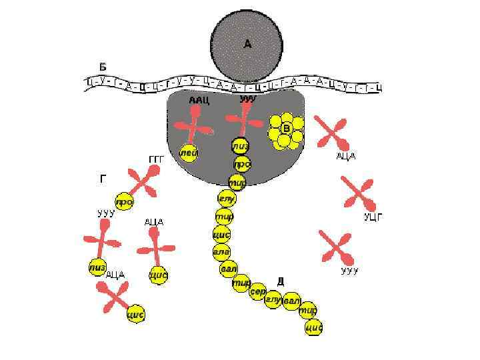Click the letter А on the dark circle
coord(247,44)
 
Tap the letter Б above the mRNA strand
coord(103,67)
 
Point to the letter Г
coord(102,179)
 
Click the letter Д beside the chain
coord(280,281)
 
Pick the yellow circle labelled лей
coord(189,153)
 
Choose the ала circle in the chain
coord(221,251)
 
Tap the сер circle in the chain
coord(257,292)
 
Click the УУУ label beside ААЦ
coord(247,99)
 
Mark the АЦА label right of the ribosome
coord(345,156)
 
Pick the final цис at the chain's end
coord(314,327)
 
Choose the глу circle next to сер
coord(273,300)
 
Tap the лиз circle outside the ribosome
coord(97,267)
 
